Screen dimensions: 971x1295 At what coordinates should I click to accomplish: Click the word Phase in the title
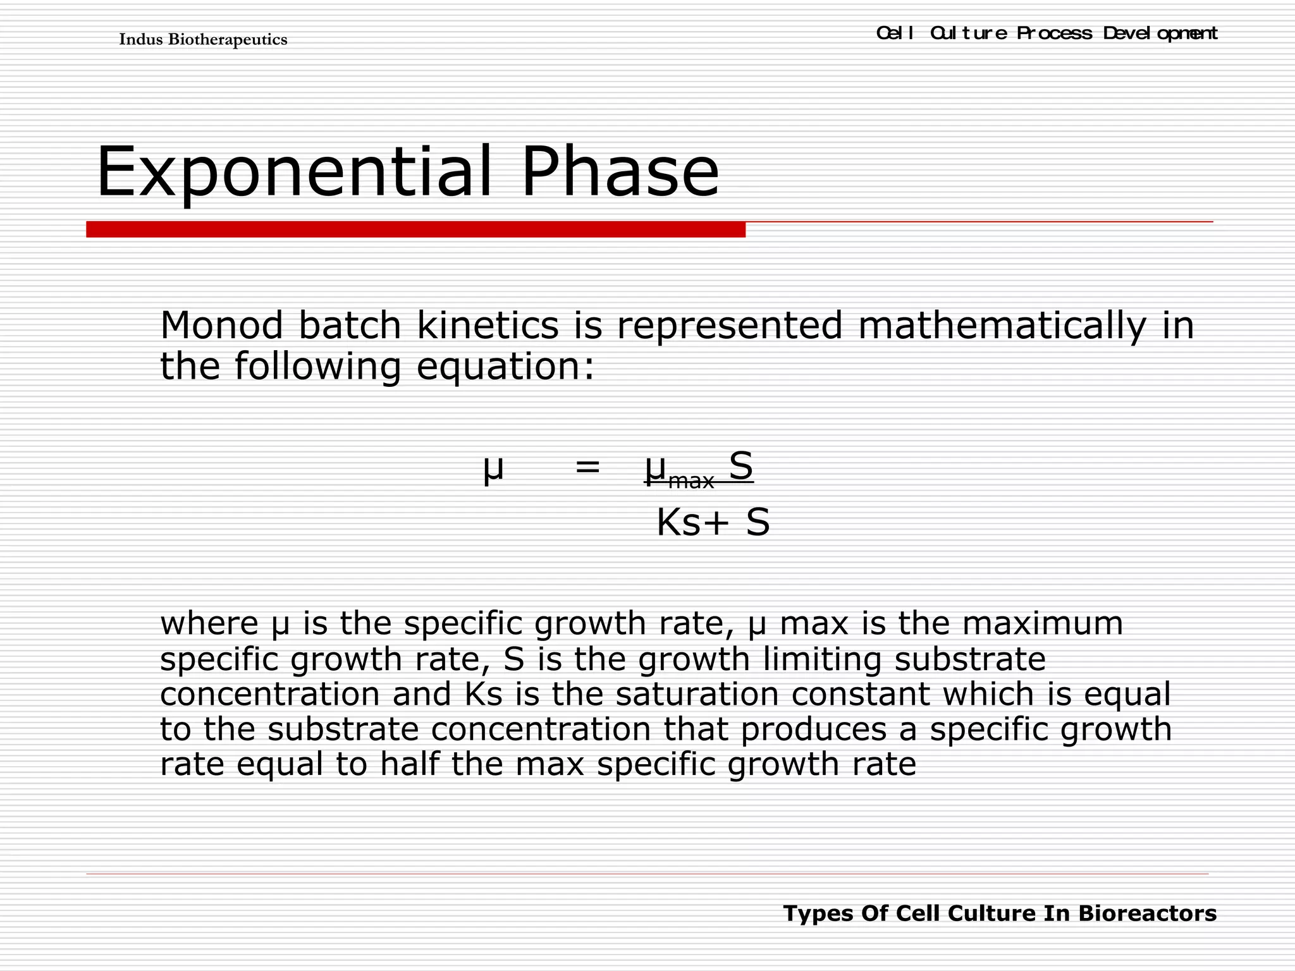620,172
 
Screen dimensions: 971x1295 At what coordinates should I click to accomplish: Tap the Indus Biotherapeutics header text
203,40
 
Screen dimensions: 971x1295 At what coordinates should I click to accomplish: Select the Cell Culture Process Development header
1046,33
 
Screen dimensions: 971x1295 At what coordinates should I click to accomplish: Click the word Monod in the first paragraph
222,326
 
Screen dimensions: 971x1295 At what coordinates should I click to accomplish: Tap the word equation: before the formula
506,367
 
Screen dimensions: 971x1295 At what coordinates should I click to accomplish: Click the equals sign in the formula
587,468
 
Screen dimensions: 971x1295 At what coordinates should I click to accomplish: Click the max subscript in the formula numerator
690,481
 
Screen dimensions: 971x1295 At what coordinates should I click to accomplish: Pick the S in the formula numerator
740,467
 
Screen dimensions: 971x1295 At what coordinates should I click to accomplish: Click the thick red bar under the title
415,229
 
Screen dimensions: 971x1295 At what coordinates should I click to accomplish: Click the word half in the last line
409,764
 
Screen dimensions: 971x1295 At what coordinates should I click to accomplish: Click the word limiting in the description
822,659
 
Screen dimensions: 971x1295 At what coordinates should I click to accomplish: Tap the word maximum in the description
1043,623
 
